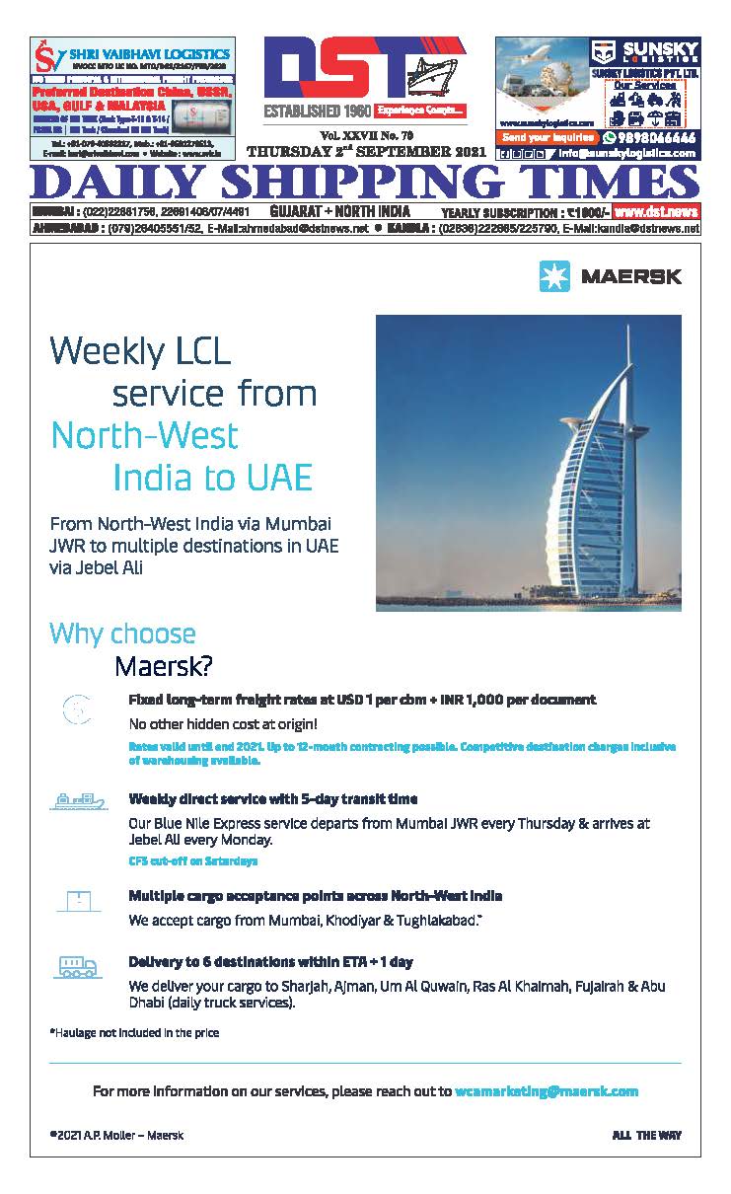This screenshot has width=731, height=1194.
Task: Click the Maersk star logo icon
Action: [x=554, y=277]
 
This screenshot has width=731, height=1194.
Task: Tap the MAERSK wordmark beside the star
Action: [x=631, y=277]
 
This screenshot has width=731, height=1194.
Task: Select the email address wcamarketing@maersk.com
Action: [x=547, y=1091]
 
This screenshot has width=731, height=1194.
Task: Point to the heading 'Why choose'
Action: [x=122, y=634]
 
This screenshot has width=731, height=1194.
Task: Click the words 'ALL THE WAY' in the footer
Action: [x=646, y=1136]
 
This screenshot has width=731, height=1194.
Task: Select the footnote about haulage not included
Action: [x=134, y=1033]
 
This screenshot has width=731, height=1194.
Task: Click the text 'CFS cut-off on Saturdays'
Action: [x=193, y=860]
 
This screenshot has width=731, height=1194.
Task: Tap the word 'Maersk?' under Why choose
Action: [x=163, y=667]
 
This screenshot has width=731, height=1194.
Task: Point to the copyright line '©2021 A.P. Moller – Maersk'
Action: [x=116, y=1136]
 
